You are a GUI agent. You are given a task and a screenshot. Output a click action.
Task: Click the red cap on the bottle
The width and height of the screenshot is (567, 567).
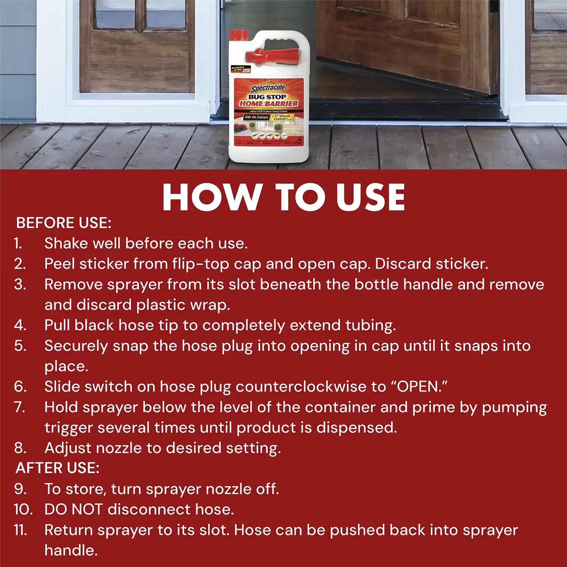239,36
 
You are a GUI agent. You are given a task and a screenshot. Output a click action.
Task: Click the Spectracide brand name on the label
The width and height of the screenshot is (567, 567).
268,88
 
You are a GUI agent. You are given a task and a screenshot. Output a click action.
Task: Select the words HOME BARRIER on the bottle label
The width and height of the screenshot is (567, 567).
269,103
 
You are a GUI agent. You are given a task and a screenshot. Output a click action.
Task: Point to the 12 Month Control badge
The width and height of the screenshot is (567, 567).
283,117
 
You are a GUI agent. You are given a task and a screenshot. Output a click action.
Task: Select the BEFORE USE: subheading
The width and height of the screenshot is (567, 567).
64,223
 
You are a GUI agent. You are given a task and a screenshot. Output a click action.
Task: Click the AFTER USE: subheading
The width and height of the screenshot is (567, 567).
57,468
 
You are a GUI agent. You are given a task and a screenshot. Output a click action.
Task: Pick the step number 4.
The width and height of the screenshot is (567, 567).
20,325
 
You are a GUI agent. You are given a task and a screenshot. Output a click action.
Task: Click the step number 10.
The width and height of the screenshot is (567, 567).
23,510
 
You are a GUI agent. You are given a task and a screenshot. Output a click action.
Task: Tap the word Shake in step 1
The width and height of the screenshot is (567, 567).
66,243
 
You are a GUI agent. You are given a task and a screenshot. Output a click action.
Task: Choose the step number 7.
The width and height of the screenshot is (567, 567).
20,407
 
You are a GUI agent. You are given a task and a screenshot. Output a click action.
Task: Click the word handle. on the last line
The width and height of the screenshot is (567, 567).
71,550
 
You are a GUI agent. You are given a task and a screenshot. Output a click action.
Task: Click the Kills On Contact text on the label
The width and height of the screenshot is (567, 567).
256,117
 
